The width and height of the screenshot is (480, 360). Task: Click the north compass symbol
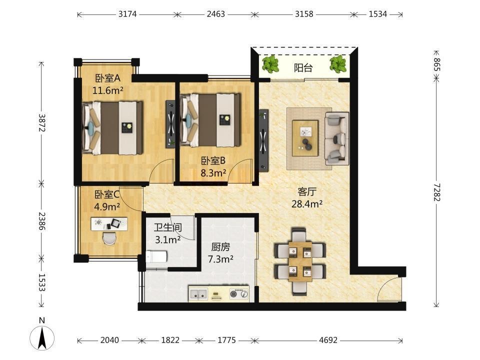point(42,336)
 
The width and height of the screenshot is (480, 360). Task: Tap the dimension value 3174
point(127,14)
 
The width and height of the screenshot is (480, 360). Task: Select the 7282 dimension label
point(436,192)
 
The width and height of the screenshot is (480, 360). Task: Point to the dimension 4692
point(328,340)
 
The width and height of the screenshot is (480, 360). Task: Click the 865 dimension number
point(437,64)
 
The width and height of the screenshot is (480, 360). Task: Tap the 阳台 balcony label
point(303,68)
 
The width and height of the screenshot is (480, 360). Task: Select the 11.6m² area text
point(108,90)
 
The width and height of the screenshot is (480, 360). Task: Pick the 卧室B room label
point(213,160)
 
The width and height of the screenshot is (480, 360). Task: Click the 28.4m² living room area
point(306,204)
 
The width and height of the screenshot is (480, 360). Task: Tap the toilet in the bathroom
point(156,256)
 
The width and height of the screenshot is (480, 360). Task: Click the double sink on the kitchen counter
point(198,294)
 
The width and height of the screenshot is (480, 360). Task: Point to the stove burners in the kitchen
point(239,294)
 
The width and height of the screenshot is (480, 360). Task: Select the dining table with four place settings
point(300,261)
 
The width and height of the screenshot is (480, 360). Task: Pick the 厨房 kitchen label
point(220,246)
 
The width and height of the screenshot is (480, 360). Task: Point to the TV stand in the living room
point(263,140)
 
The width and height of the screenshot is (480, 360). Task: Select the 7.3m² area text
point(220,259)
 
